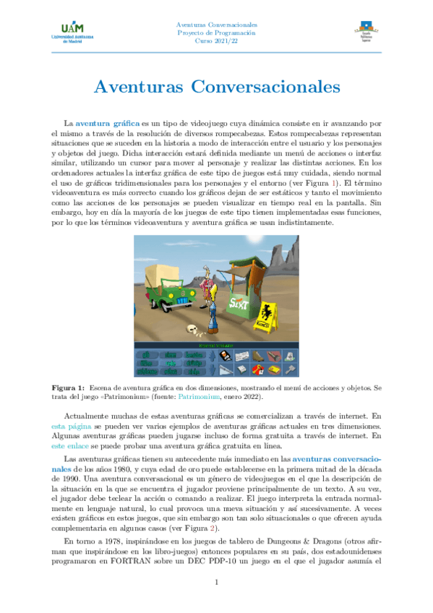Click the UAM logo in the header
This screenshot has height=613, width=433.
67,33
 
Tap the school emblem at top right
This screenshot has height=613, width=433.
366,32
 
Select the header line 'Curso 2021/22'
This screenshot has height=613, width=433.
216,42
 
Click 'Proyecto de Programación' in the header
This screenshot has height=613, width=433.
216,33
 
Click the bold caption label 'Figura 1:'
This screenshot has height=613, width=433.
69,388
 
